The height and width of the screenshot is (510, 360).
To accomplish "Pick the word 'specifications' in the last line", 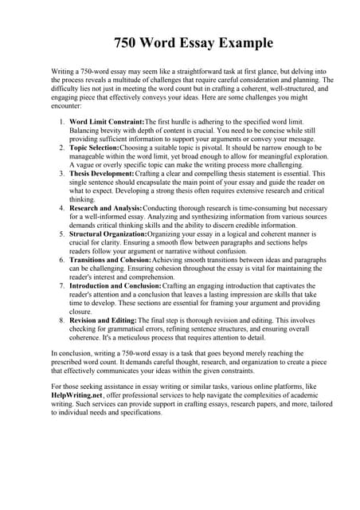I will point(138,414).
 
